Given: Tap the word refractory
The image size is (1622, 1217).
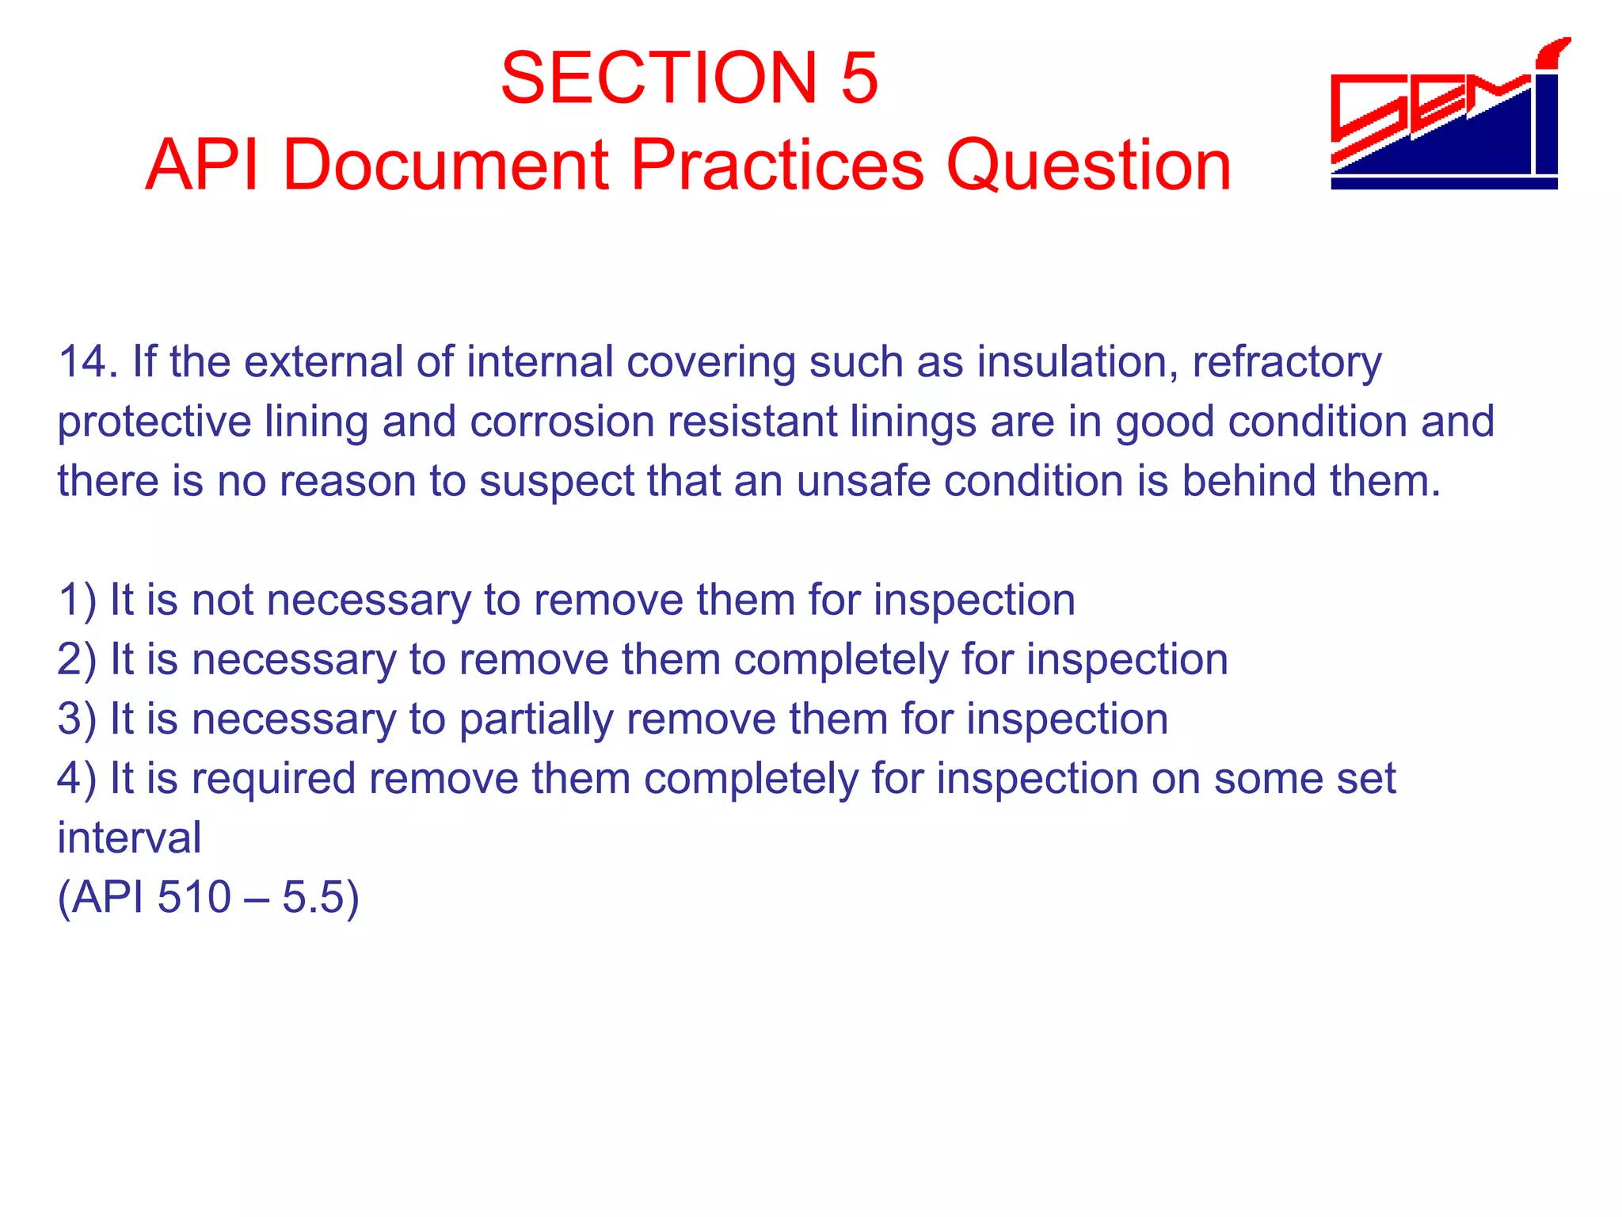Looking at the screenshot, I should tap(1287, 363).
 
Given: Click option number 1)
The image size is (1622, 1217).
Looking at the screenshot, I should tap(77, 600).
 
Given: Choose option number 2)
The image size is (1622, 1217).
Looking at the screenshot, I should tap(77, 659).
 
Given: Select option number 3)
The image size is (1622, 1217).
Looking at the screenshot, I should tap(77, 719).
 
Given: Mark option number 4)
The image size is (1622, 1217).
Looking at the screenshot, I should tap(77, 778).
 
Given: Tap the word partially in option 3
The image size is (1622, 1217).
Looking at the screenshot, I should tap(535, 719).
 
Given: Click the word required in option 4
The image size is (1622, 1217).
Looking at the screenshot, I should tap(273, 779).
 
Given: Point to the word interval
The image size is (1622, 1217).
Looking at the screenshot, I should tap(129, 837).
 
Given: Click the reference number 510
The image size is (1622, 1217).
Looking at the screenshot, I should tap(194, 897).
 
